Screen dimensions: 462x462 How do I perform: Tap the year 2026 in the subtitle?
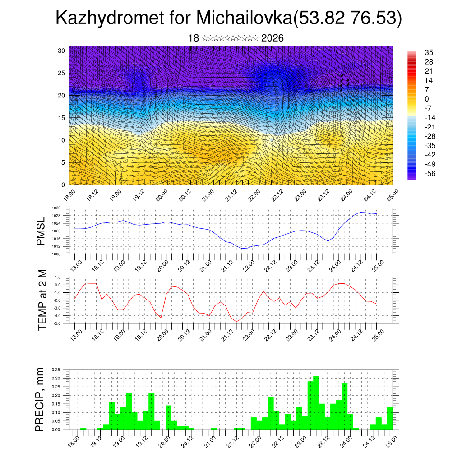272,38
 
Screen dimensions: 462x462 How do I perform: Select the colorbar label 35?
429,52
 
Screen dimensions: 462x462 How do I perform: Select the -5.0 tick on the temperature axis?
58,323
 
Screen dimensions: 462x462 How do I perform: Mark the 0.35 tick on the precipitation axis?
56,370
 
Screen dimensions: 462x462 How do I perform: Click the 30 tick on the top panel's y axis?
61,51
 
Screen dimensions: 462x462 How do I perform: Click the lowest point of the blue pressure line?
244,248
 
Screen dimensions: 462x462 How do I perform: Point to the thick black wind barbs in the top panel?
345,83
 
